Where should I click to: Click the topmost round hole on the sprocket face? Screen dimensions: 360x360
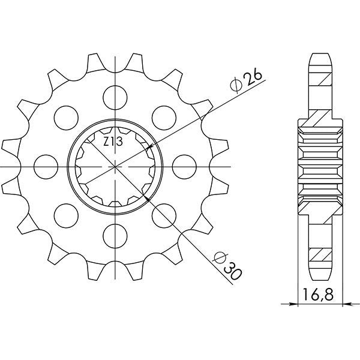(x=113, y=95)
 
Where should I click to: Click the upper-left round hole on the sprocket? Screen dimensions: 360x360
(x=64, y=115)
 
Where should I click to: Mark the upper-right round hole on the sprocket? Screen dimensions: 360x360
(x=161, y=115)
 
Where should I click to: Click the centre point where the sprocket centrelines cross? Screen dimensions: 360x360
(x=113, y=165)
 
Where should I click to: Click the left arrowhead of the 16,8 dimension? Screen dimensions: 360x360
(x=301, y=304)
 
